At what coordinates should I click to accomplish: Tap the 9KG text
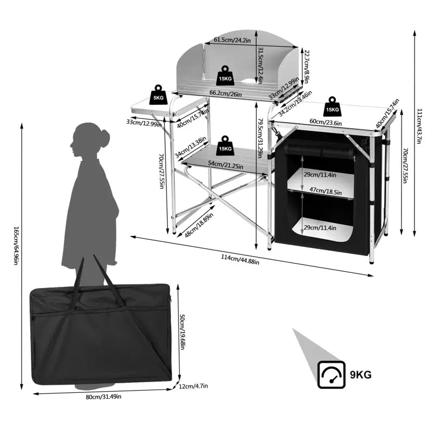coord(361,374)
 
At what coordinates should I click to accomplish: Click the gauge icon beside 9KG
coord(331,374)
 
